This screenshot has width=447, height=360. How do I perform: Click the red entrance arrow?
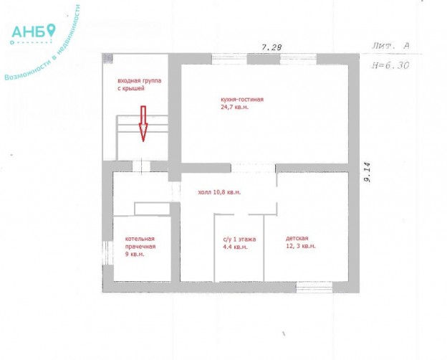click(143, 124)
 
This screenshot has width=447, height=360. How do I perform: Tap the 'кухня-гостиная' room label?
click(242, 100)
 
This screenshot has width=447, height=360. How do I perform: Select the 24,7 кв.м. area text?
click(235, 108)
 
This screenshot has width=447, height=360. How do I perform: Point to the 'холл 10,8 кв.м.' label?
click(219, 192)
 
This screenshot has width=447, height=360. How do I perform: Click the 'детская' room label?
click(297, 238)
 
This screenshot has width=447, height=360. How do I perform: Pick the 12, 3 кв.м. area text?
click(301, 246)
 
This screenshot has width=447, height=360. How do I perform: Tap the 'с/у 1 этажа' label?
click(239, 240)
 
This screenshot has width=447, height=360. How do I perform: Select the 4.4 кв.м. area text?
click(235, 247)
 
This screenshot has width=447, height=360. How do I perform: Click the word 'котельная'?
click(140, 239)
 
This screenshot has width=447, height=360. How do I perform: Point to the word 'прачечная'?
click(140, 247)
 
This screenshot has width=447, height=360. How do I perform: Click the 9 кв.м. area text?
click(135, 254)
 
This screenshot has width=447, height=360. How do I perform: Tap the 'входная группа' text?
click(140, 80)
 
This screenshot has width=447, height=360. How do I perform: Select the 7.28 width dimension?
click(271, 47)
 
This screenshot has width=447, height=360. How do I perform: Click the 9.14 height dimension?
click(367, 172)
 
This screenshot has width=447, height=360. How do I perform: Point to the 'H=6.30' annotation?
click(390, 65)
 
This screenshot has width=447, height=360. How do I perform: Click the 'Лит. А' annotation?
click(391, 46)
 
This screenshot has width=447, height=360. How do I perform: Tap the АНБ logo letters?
click(28, 32)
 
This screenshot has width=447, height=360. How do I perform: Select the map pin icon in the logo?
click(51, 29)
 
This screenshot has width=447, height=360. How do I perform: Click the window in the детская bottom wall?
click(314, 287)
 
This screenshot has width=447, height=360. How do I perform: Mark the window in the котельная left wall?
click(107, 252)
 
